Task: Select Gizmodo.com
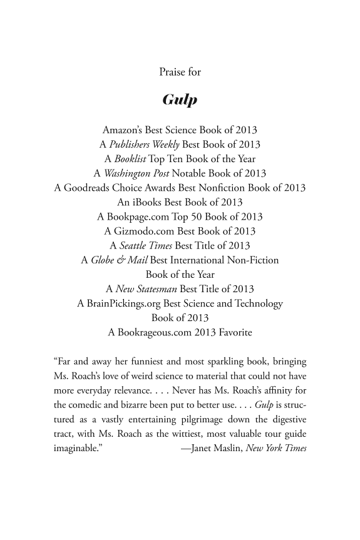point(142,231)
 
